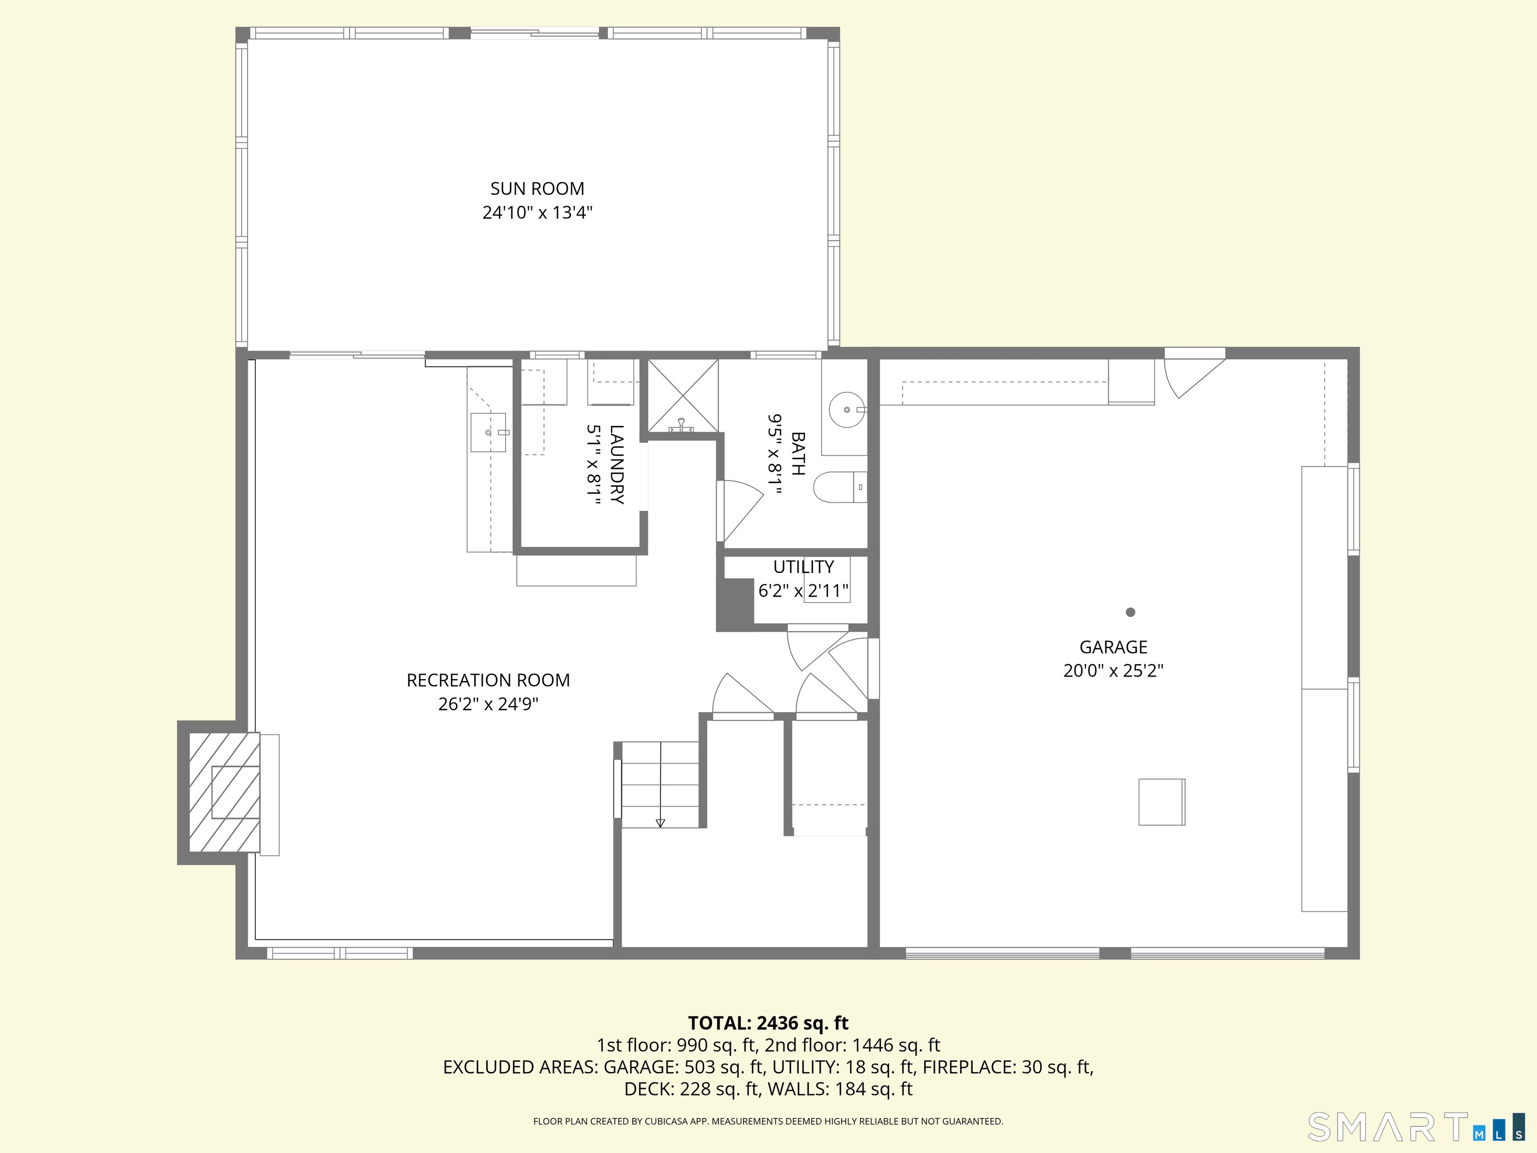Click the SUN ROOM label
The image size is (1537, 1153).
tap(537, 188)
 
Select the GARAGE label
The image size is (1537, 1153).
tap(1113, 647)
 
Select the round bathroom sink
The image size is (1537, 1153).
tap(847, 409)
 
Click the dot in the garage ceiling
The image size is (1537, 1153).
tap(1131, 613)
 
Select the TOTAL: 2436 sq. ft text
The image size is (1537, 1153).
tap(768, 1023)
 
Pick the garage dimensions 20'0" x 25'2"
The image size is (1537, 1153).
tap(1113, 671)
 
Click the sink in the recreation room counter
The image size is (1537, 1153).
tap(488, 432)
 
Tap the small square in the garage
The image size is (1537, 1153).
tap(1161, 802)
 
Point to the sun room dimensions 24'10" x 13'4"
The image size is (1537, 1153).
tap(537, 212)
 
